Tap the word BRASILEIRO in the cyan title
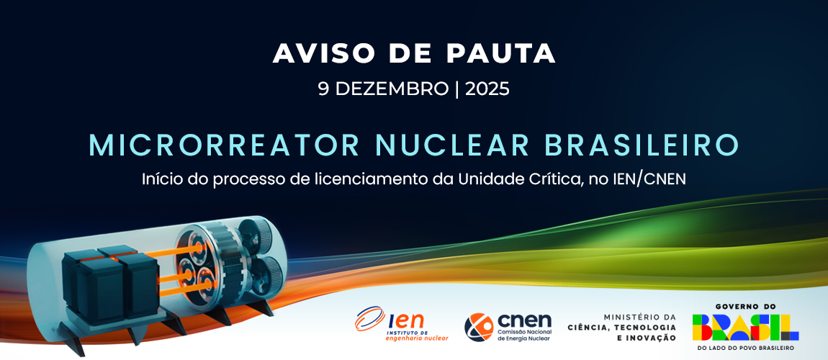click(642, 145)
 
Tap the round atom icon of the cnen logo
click(478, 328)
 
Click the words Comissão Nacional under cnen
click(524, 331)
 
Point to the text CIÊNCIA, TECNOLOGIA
click(621, 328)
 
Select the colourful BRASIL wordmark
click(746, 328)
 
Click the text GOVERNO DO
click(746, 306)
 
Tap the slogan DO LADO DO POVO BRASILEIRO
click(746, 348)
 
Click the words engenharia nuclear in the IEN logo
click(417, 338)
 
